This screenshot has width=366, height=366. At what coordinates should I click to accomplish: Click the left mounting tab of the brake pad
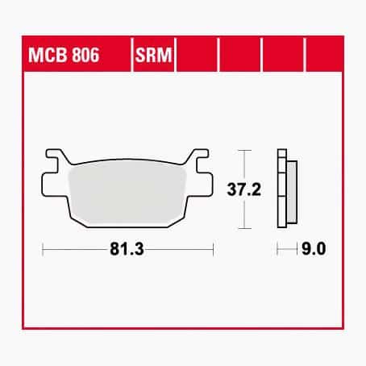[x=54, y=160]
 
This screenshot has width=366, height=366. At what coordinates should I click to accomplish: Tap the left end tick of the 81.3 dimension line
[x=43, y=249]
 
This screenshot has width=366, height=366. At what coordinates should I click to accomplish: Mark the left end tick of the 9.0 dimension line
[x=277, y=249]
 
